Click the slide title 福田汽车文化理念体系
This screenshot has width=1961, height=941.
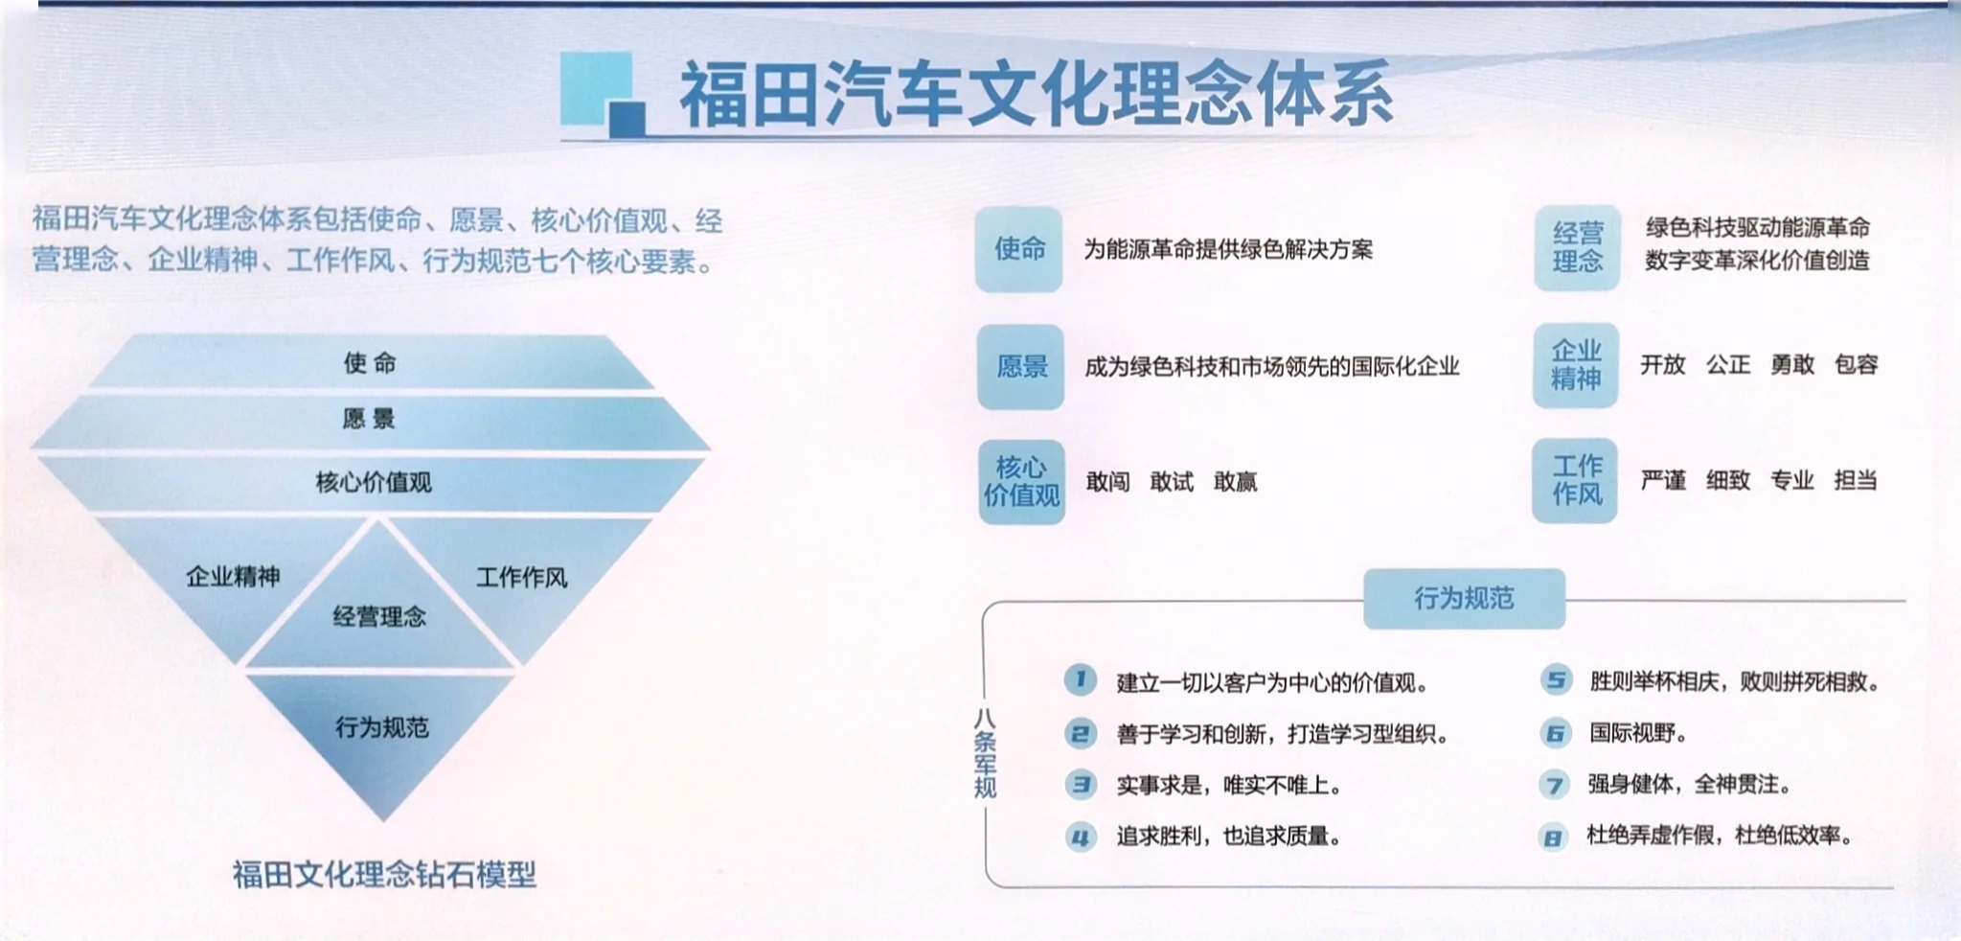click(1035, 94)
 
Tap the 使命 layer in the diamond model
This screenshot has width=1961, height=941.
click(370, 362)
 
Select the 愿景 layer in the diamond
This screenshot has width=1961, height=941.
click(369, 419)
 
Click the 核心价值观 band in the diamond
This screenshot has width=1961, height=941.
click(374, 481)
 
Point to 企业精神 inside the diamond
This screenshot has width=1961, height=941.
click(233, 576)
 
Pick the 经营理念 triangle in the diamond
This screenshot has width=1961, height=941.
click(379, 615)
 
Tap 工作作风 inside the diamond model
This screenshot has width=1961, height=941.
click(522, 577)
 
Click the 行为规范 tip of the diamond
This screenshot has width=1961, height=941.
click(381, 727)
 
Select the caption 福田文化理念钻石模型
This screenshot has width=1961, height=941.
click(384, 874)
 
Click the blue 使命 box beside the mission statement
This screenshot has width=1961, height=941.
click(1019, 249)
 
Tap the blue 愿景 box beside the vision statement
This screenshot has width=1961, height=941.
click(1021, 366)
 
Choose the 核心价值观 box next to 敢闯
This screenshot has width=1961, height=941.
click(1021, 481)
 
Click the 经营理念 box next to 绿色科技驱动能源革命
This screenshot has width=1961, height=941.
click(1577, 247)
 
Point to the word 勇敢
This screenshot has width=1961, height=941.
click(1792, 364)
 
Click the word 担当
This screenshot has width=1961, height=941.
click(1856, 480)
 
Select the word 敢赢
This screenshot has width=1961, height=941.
click(1235, 481)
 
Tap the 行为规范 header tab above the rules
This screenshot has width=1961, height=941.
click(1464, 598)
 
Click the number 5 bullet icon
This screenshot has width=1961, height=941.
click(1556, 680)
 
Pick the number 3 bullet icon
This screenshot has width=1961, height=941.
click(1081, 785)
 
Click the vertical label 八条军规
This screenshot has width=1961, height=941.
click(985, 753)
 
